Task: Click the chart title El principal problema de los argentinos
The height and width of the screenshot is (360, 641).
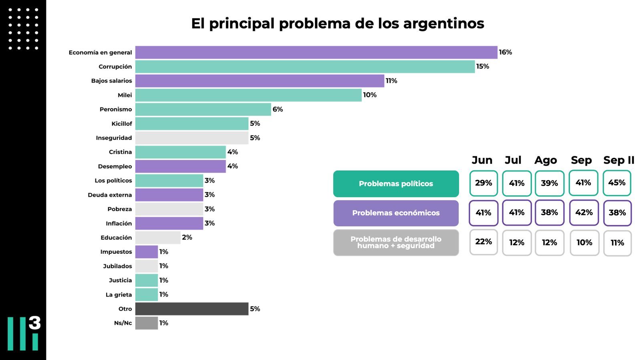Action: point(337,24)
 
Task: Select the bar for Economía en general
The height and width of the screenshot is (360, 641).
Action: point(316,53)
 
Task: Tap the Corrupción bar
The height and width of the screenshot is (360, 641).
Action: point(305,67)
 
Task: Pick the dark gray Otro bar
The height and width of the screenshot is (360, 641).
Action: point(191,309)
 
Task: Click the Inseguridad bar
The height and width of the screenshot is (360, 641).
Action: point(191,138)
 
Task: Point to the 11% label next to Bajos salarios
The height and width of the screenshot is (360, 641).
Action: point(391,81)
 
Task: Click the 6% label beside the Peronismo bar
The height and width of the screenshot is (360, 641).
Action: point(278,109)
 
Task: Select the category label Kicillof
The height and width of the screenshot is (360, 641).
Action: point(121,124)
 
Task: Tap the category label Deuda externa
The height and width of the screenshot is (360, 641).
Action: point(110,195)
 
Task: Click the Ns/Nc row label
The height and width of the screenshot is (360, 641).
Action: point(123,323)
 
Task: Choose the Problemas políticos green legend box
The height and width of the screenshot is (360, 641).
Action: point(396,184)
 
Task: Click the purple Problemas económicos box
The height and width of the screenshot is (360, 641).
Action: point(396,213)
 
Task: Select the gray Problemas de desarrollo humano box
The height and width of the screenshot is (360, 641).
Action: point(396,243)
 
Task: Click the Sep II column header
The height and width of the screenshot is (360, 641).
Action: point(619,160)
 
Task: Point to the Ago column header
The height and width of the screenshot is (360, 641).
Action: point(545,160)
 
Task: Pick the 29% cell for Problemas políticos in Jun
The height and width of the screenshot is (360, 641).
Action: point(484,183)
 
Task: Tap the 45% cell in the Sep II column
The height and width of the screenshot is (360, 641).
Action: point(617,183)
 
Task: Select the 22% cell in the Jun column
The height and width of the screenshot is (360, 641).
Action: point(484,242)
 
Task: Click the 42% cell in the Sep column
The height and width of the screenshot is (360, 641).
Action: point(584,212)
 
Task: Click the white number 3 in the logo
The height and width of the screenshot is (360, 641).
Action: point(35,323)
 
